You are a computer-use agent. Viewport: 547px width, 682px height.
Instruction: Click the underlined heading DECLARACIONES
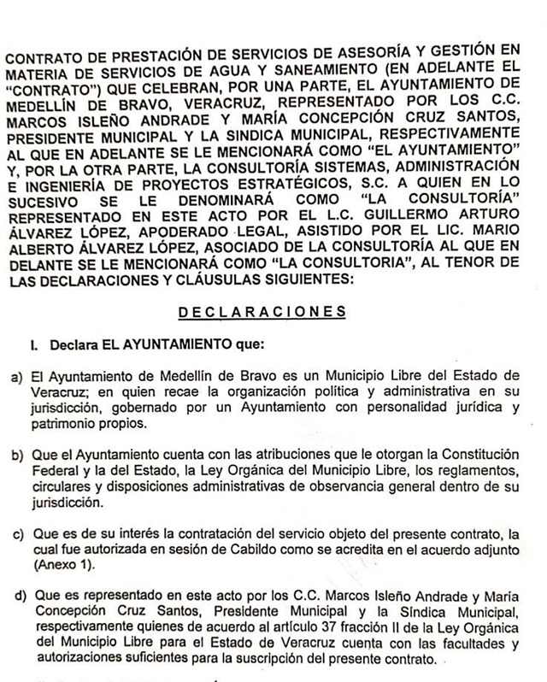[x=262, y=313]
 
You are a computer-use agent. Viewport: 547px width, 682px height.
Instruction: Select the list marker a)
[x=15, y=376]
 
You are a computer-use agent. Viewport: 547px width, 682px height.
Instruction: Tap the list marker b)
[x=15, y=452]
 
